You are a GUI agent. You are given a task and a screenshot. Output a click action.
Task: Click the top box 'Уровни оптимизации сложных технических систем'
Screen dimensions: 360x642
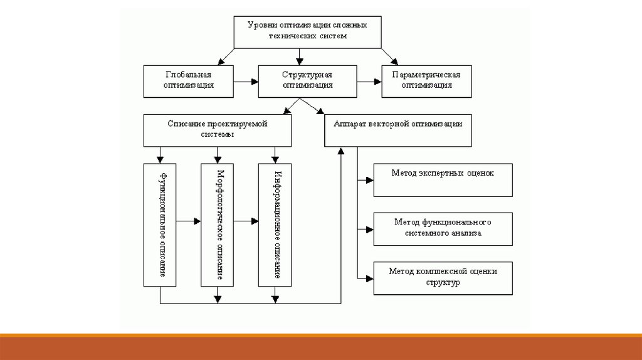(307, 31)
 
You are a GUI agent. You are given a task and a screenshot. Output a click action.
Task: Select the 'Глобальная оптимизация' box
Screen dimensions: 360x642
(180, 80)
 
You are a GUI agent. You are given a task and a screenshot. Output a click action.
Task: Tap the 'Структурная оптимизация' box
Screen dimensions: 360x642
(307, 80)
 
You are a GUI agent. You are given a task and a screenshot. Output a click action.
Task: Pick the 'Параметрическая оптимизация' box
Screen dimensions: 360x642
(426, 80)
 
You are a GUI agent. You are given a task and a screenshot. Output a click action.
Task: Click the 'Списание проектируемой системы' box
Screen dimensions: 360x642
(218, 130)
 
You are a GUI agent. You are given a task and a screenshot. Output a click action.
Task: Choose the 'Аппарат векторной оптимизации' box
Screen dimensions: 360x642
(397, 130)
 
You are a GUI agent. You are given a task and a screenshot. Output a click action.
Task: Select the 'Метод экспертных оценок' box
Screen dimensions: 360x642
(443, 179)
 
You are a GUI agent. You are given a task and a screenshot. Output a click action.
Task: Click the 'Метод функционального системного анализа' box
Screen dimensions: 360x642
(443, 228)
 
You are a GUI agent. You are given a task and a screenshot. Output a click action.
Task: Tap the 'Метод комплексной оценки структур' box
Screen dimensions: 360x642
(443, 277)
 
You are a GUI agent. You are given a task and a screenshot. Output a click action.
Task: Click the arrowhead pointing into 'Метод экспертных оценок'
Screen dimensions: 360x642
(369, 180)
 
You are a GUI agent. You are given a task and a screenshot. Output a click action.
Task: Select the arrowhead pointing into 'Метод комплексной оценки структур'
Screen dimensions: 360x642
(369, 278)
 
